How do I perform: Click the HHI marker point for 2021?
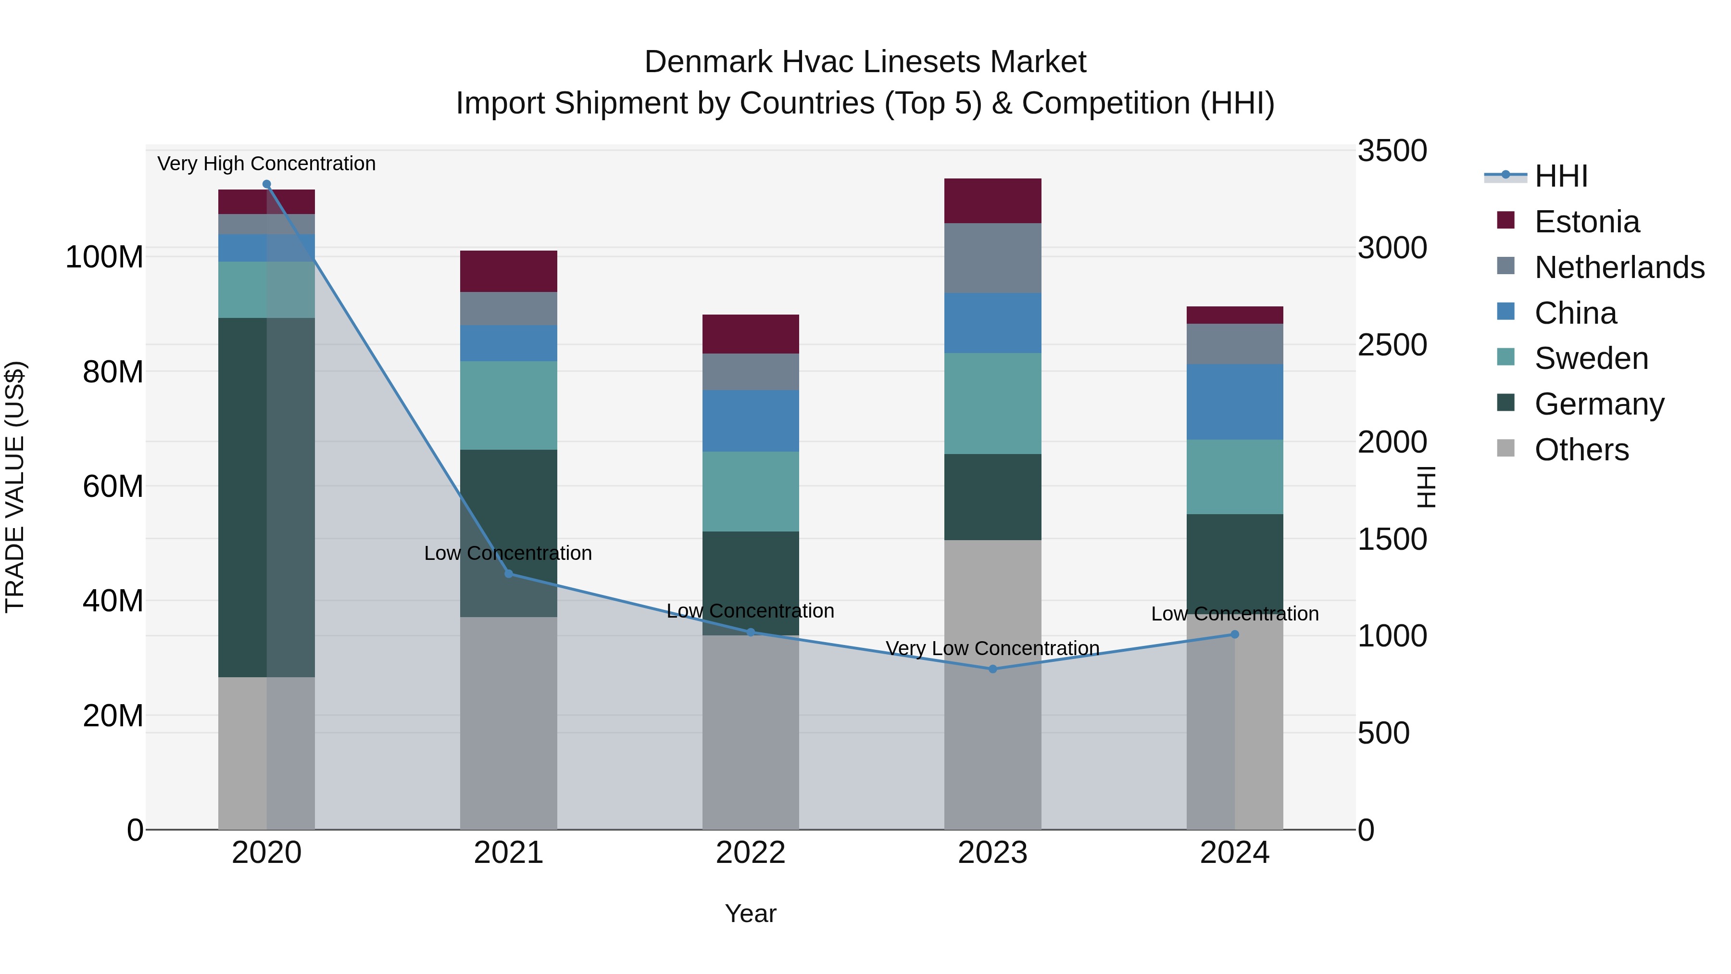click(x=508, y=573)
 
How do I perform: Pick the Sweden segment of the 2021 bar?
click(x=508, y=405)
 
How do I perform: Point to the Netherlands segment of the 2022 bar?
click(x=751, y=372)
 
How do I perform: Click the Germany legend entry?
click(x=1599, y=404)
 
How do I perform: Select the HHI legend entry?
click(x=1560, y=176)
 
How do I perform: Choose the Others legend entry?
click(x=1581, y=450)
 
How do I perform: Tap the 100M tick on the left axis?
click(x=104, y=257)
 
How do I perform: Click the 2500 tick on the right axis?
click(x=1392, y=345)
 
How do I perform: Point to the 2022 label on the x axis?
click(x=751, y=853)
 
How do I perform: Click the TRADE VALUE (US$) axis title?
click(x=15, y=487)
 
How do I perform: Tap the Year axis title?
click(x=751, y=913)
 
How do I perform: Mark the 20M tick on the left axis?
click(x=113, y=716)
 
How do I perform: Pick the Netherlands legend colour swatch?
click(x=1506, y=266)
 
